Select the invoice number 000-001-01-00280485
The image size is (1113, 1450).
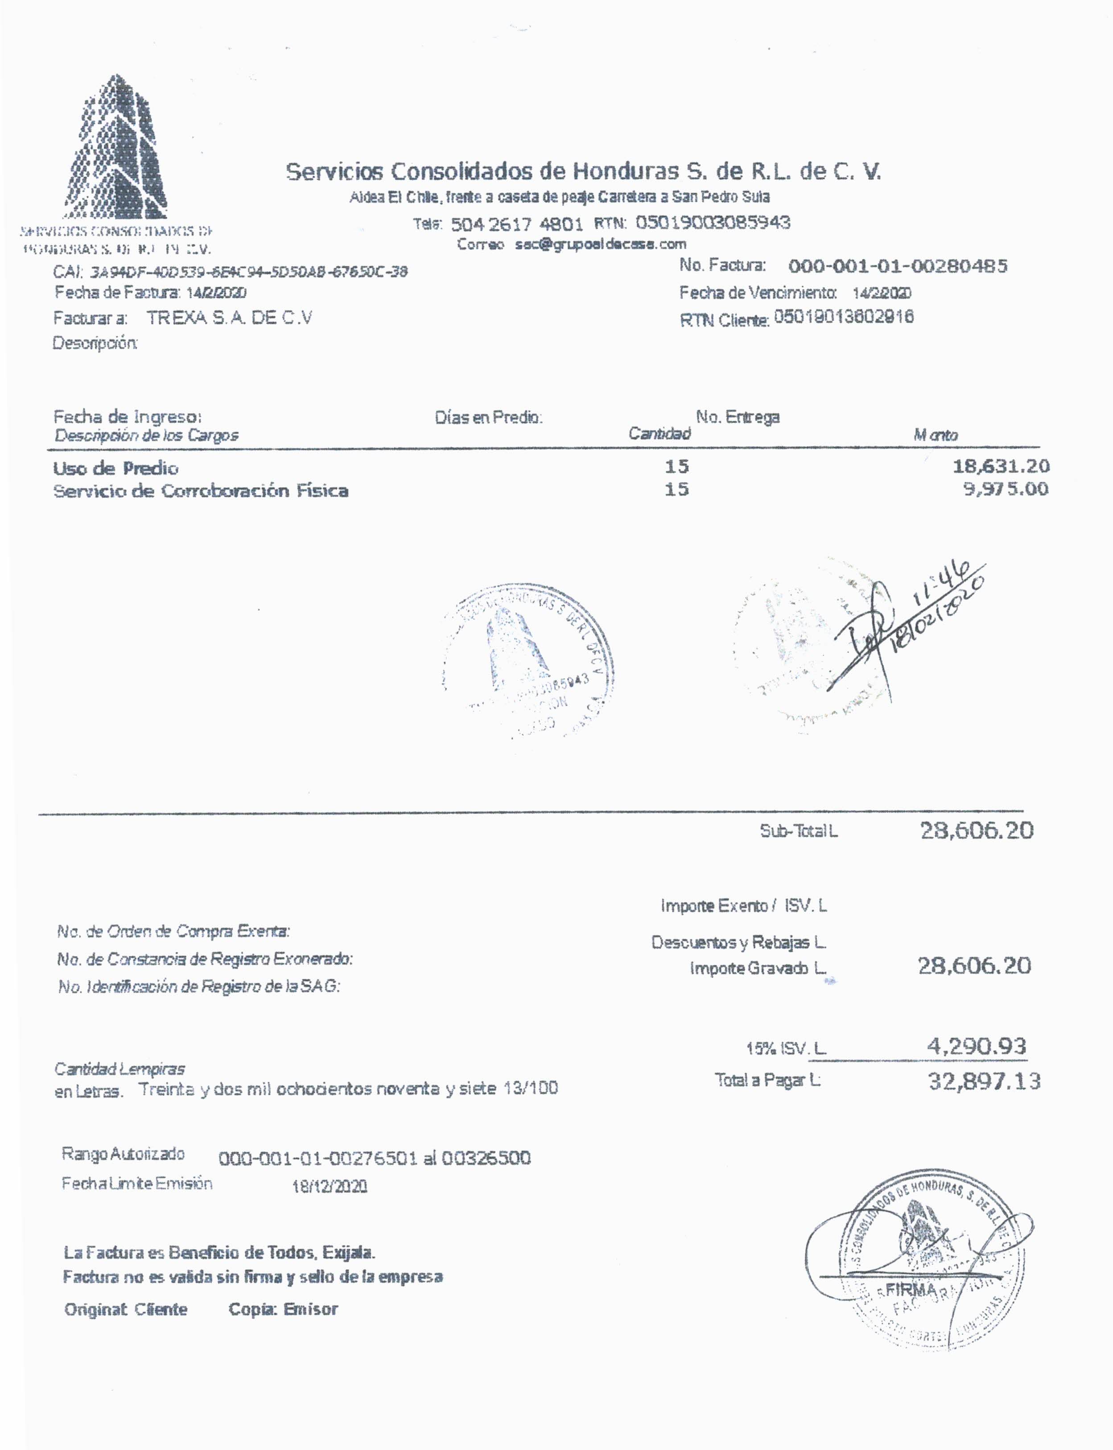click(x=898, y=266)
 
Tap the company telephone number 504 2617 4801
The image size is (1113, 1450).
click(x=517, y=224)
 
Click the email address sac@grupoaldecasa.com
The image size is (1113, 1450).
click(x=600, y=244)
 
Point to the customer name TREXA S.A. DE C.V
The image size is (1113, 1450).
click(x=229, y=318)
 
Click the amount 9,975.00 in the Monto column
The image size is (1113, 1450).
click(x=1005, y=490)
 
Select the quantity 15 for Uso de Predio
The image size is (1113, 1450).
click(x=676, y=467)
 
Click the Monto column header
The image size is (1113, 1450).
click(x=936, y=435)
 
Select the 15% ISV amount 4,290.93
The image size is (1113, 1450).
click(x=976, y=1046)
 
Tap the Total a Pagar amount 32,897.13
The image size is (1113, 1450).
click(x=984, y=1081)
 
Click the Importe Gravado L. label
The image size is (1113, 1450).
click(x=758, y=968)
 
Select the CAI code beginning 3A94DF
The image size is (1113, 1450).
click(x=248, y=272)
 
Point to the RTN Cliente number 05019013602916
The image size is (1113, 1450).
click(x=843, y=317)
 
